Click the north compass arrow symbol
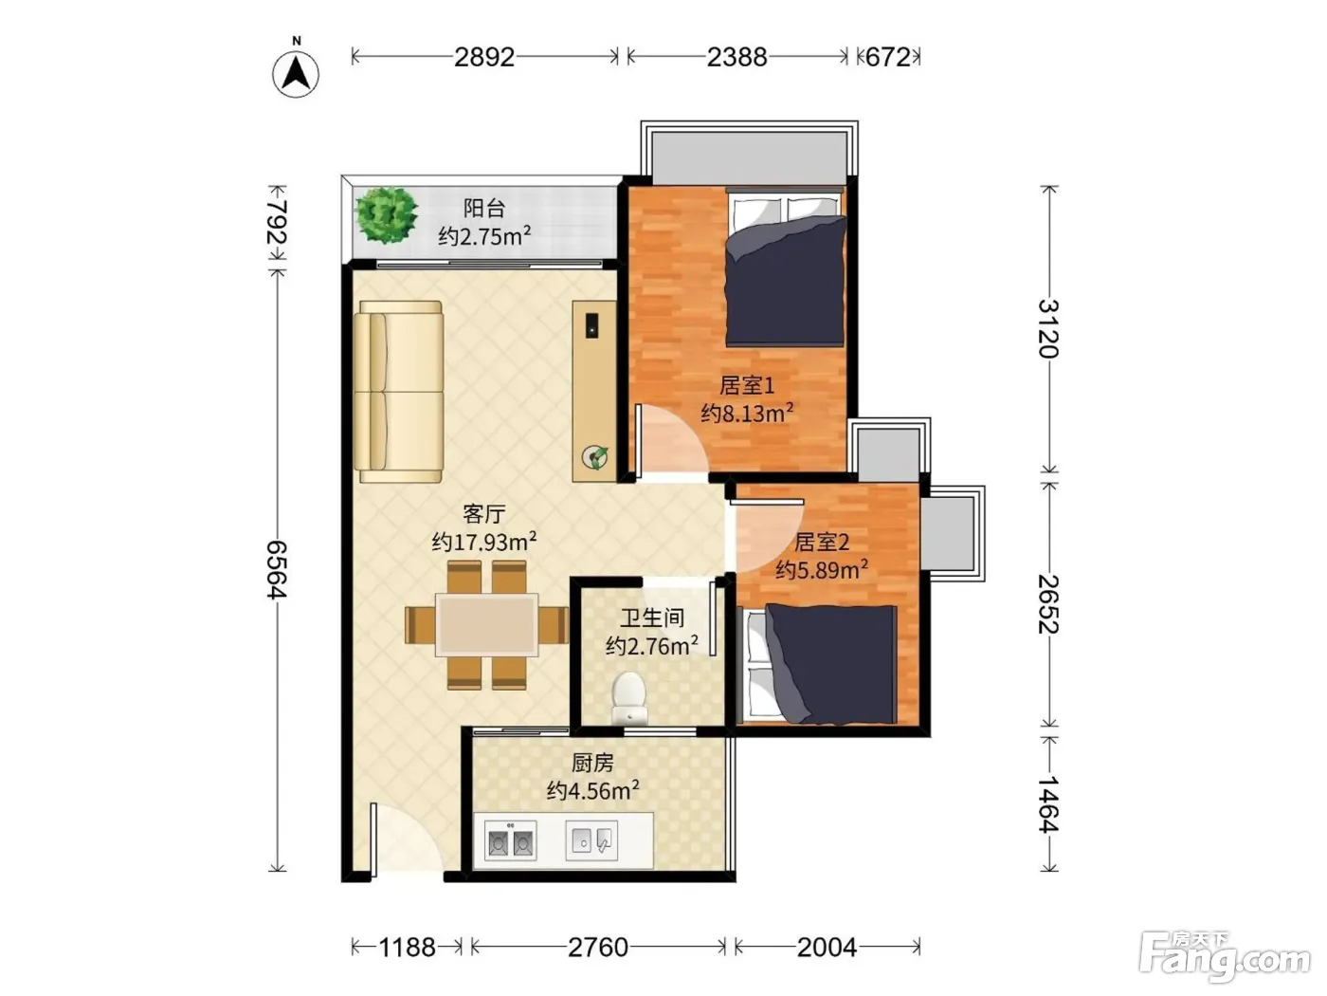(x=296, y=74)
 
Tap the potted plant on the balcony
(x=387, y=214)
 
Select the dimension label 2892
(x=484, y=58)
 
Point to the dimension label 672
(x=887, y=58)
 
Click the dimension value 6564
(x=277, y=569)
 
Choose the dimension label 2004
(x=827, y=948)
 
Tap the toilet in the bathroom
(x=629, y=698)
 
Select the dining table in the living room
(x=486, y=625)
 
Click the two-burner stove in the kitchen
(x=510, y=840)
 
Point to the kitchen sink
(x=591, y=840)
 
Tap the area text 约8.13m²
(x=747, y=413)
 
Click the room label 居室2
(x=822, y=542)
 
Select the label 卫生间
(x=652, y=618)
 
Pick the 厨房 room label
(x=592, y=764)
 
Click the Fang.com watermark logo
(x=1225, y=957)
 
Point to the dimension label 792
(x=277, y=222)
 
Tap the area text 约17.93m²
(x=484, y=542)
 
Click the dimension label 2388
(x=736, y=58)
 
